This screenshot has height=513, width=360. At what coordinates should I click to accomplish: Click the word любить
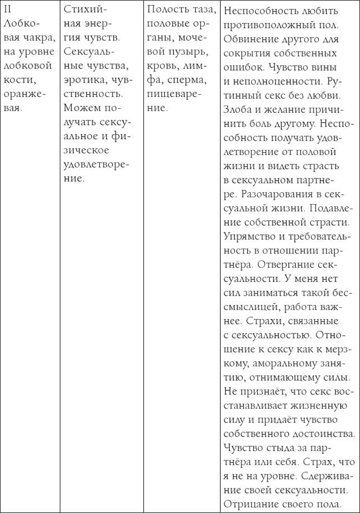(x=323, y=11)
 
